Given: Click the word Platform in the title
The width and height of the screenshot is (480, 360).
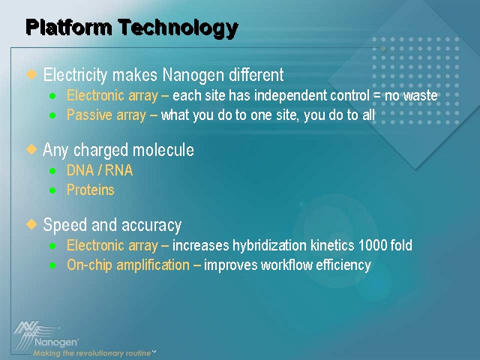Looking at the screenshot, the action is click(69, 27).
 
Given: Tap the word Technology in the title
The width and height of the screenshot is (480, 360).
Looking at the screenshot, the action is click(178, 28).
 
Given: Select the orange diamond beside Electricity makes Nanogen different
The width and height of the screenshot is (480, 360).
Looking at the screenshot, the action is click(31, 74).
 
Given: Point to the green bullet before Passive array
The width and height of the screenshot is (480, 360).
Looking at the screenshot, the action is click(52, 115).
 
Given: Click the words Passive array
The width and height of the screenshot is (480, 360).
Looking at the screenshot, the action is click(106, 115).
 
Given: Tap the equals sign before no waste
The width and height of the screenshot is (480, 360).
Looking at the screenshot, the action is click(376, 96).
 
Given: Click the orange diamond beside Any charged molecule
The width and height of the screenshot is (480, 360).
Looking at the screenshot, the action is click(31, 149).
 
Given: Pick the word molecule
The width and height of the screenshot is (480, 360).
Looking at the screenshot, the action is click(163, 150).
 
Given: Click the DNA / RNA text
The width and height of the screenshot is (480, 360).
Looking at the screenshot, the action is click(100, 170).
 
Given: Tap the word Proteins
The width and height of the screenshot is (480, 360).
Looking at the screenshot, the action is click(91, 190).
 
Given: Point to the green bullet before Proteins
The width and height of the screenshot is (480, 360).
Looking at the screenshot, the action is click(52, 190).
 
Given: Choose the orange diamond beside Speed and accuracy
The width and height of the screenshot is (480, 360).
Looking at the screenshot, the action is click(31, 224).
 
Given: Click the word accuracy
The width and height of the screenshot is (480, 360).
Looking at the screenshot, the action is click(151, 226).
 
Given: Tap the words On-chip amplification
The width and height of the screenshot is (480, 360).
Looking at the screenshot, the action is click(128, 265).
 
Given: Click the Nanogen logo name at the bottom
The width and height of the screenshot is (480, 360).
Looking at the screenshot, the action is click(56, 342).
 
